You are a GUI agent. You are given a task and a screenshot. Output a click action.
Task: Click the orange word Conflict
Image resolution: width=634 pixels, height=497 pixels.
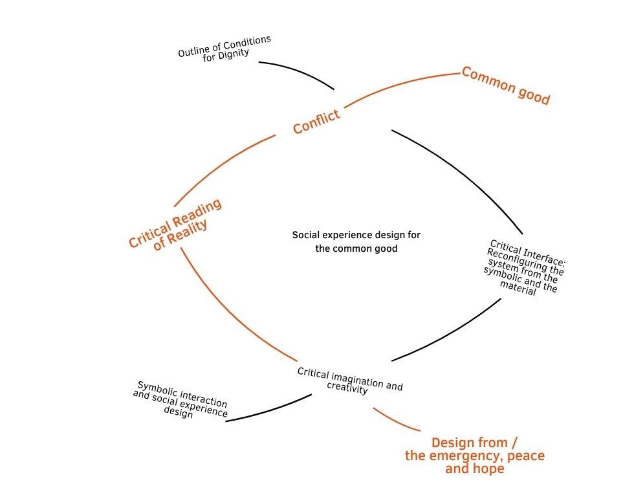click(x=316, y=122)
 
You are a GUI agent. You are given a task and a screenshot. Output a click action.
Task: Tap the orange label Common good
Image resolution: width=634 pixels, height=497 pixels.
click(x=505, y=85)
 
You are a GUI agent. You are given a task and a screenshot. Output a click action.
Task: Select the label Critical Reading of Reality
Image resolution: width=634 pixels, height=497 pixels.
click(x=175, y=224)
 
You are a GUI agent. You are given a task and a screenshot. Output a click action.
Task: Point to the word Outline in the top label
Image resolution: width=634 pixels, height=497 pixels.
click(x=192, y=50)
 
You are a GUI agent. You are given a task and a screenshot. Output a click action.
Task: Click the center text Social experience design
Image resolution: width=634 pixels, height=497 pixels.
click(x=356, y=235)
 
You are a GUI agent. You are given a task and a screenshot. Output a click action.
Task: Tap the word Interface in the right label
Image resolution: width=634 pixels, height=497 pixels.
click(x=544, y=255)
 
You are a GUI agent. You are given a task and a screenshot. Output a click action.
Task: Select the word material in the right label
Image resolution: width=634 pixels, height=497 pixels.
click(x=519, y=288)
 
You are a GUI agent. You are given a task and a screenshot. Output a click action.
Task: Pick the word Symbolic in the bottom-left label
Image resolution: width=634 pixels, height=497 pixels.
click(x=158, y=389)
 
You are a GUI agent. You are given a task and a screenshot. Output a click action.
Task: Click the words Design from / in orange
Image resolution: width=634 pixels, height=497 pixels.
click(x=474, y=443)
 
